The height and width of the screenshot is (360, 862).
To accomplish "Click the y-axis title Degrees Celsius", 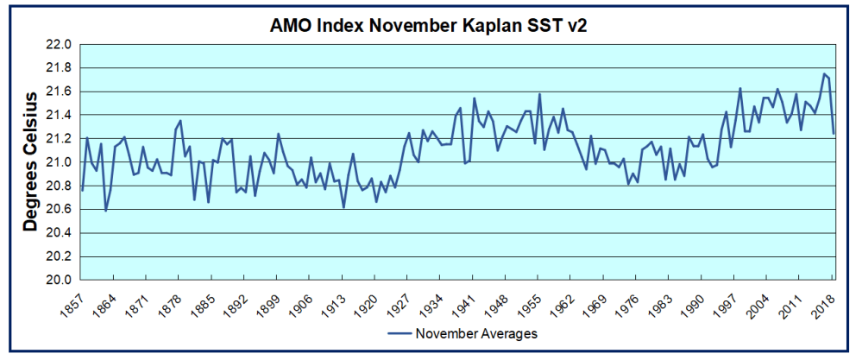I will click(31, 161).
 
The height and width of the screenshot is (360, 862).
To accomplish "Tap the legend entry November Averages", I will click(476, 333).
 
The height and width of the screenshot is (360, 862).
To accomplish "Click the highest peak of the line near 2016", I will click(824, 74).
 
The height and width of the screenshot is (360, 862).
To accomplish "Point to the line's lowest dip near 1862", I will click(106, 211).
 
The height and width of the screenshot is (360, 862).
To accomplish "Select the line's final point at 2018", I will click(834, 134).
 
